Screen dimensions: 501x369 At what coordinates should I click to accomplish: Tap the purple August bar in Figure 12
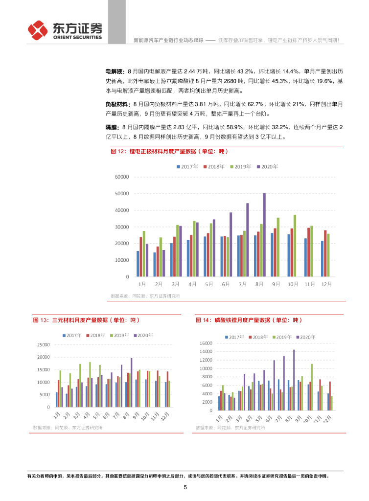point(264,235)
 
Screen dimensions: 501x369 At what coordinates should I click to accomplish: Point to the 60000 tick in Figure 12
point(121,177)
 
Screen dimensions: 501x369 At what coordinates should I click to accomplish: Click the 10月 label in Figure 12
point(292,284)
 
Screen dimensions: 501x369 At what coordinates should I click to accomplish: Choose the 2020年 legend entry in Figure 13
point(143,335)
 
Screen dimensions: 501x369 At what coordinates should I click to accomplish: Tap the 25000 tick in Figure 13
point(43,345)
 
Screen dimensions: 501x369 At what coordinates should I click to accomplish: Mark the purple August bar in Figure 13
point(132,383)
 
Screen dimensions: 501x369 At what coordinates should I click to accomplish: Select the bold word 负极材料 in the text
point(118,104)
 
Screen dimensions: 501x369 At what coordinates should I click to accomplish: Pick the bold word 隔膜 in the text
point(112,127)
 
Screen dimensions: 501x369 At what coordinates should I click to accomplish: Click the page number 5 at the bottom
point(185,487)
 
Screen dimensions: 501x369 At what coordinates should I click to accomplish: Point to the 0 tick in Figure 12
point(127,277)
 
